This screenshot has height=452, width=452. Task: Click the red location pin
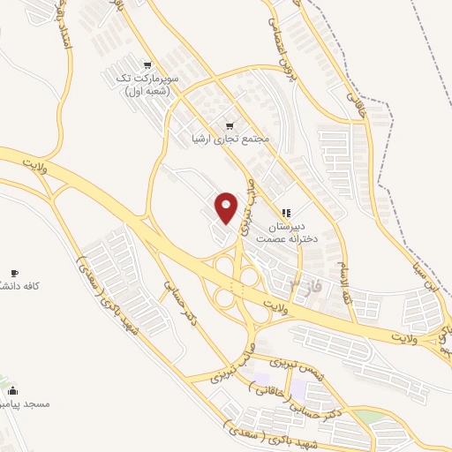tap(228, 206)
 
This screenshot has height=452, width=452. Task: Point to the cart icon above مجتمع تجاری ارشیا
tap(231, 125)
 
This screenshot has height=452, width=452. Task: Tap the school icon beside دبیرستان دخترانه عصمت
tap(285, 212)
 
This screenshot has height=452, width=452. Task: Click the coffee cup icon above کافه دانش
tap(13, 273)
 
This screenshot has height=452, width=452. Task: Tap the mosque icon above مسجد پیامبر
tap(11, 389)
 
